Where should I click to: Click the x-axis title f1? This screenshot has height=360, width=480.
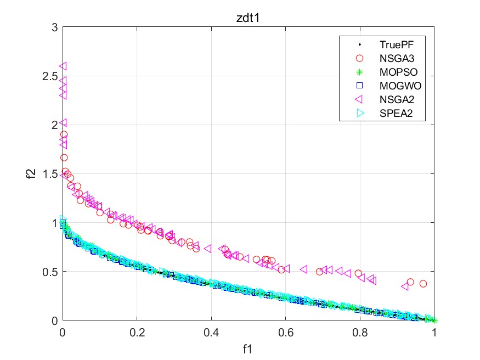pos(248,348)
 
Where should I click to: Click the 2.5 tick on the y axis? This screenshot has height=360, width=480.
pos(50,76)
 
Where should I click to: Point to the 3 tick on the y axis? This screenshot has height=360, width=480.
pos(54,27)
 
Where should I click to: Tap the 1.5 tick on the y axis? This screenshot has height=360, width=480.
pos(50,174)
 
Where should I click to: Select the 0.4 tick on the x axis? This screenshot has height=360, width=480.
pos(211,333)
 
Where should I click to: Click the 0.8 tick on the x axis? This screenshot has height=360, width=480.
pos(360,333)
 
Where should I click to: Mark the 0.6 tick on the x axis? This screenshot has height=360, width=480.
pos(285,333)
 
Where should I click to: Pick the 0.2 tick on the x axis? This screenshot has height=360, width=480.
pos(137,333)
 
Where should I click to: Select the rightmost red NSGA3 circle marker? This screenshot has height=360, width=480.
pos(423,284)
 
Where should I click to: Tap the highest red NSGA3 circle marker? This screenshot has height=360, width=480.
pos(64,134)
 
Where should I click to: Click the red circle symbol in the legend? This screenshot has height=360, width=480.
pos(360,58)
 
